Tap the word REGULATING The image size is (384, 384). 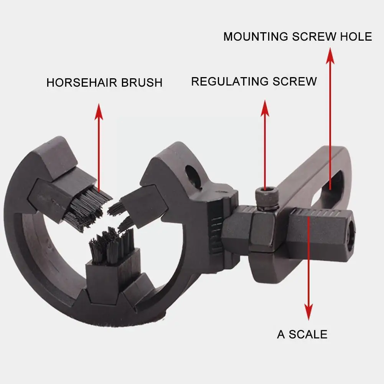(x=229, y=81)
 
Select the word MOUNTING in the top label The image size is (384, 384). (x=256, y=36)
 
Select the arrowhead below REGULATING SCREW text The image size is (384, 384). (x=265, y=108)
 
